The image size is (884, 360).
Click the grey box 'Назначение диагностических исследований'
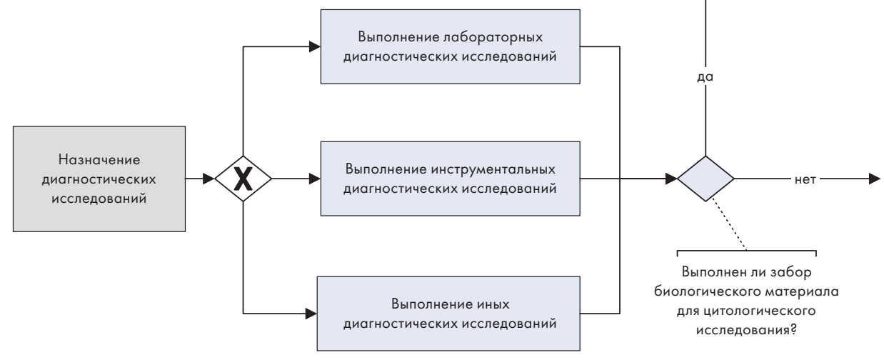pyautogui.click(x=99, y=179)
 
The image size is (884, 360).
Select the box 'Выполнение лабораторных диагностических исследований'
pyautogui.click(x=451, y=46)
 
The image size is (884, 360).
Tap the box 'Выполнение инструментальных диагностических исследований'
pyautogui.click(x=451, y=179)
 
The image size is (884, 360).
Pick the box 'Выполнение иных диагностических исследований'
pyautogui.click(x=448, y=314)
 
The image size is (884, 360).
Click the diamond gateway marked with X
pyautogui.click(x=243, y=179)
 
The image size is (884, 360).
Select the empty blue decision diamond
pyautogui.click(x=705, y=179)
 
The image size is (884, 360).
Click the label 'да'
pyautogui.click(x=705, y=76)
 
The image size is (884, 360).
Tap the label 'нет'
pyautogui.click(x=805, y=179)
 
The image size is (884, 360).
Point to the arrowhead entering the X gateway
pyautogui.click(x=209, y=179)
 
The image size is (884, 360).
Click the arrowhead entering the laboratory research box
pyautogui.click(x=315, y=46)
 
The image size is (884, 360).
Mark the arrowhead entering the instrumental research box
pyautogui.click(x=315, y=179)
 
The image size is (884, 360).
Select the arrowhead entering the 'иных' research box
pyautogui.click(x=311, y=314)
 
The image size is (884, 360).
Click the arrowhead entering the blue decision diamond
pyautogui.click(x=671, y=179)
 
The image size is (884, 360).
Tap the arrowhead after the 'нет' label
pyautogui.click(x=875, y=179)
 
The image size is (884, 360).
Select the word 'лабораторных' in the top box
pyautogui.click(x=493, y=37)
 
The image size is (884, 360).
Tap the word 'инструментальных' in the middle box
pyautogui.click(x=493, y=169)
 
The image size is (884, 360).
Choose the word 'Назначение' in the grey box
pyautogui.click(x=99, y=160)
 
